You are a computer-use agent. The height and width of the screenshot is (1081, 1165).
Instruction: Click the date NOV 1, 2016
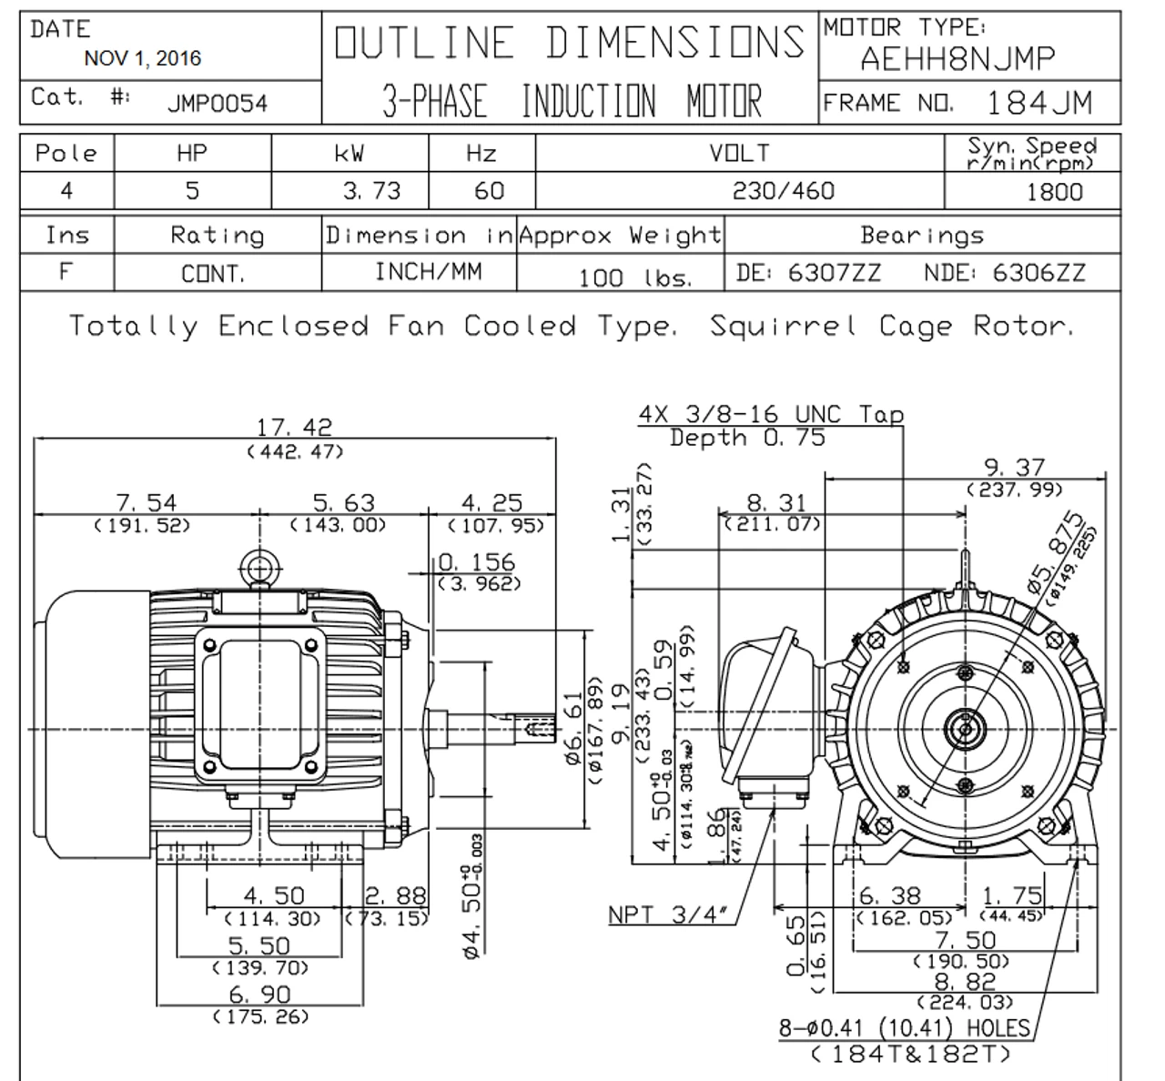142,59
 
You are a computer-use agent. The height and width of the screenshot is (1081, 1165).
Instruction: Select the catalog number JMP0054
217,103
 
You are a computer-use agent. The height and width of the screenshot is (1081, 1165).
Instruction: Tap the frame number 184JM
1039,103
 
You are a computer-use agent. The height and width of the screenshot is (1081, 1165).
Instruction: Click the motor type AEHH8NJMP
957,60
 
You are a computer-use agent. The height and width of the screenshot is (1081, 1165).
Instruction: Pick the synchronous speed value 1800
1055,192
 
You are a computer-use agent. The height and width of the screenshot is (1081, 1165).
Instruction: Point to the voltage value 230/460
783,191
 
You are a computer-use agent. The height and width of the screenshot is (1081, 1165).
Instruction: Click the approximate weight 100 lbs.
635,278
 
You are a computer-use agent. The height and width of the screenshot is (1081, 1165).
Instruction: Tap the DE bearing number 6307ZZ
835,273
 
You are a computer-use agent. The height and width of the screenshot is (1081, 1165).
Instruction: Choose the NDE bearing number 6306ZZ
1038,273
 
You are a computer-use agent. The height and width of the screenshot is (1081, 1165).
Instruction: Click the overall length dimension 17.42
294,426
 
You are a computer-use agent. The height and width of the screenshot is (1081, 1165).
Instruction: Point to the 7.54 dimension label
147,502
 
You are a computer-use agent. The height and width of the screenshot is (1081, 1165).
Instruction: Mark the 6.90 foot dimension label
259,995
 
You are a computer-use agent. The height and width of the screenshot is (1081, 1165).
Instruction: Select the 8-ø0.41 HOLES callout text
905,1028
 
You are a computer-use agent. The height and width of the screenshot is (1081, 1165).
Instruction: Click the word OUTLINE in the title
424,43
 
